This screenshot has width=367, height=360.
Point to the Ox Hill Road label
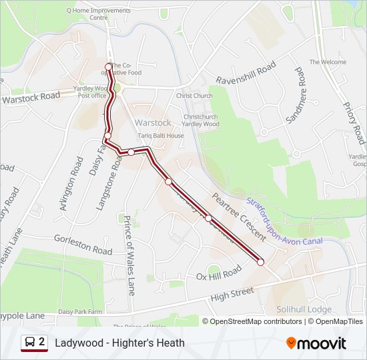(218, 274)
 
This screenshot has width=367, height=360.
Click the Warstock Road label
(31, 97)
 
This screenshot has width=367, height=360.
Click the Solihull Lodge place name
(304, 309)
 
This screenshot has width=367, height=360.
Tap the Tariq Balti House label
(161, 135)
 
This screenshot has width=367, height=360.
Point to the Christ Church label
(194, 96)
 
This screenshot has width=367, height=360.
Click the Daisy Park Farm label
(80, 311)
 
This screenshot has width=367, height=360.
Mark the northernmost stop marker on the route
(109, 66)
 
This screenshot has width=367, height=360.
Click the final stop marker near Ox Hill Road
(260, 262)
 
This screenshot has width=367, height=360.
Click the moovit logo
(316, 343)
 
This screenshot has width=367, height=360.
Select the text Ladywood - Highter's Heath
(120, 343)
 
